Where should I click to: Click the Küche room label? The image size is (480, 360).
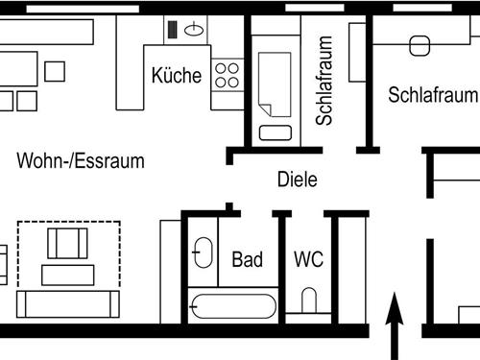point(177,76)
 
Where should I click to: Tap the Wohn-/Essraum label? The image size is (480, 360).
point(81,160)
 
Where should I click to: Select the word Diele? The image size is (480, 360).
point(297,179)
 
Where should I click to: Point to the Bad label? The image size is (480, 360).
point(248,259)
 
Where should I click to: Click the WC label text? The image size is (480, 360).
point(308,259)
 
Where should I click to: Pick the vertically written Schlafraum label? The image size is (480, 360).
point(324,83)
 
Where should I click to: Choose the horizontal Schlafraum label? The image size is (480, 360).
point(433,95)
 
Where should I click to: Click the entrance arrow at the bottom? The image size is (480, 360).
point(394,326)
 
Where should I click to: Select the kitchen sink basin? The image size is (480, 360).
point(194,29)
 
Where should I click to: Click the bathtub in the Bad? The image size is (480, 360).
point(234,309)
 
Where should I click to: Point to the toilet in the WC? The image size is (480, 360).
point(309,302)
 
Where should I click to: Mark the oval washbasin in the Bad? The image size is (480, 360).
point(203,253)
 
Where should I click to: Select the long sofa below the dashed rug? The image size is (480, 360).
point(67,304)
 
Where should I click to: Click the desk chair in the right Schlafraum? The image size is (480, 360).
point(419,46)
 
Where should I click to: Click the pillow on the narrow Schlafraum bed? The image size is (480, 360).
point(274,133)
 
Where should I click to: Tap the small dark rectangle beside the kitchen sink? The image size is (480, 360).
point(173,29)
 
